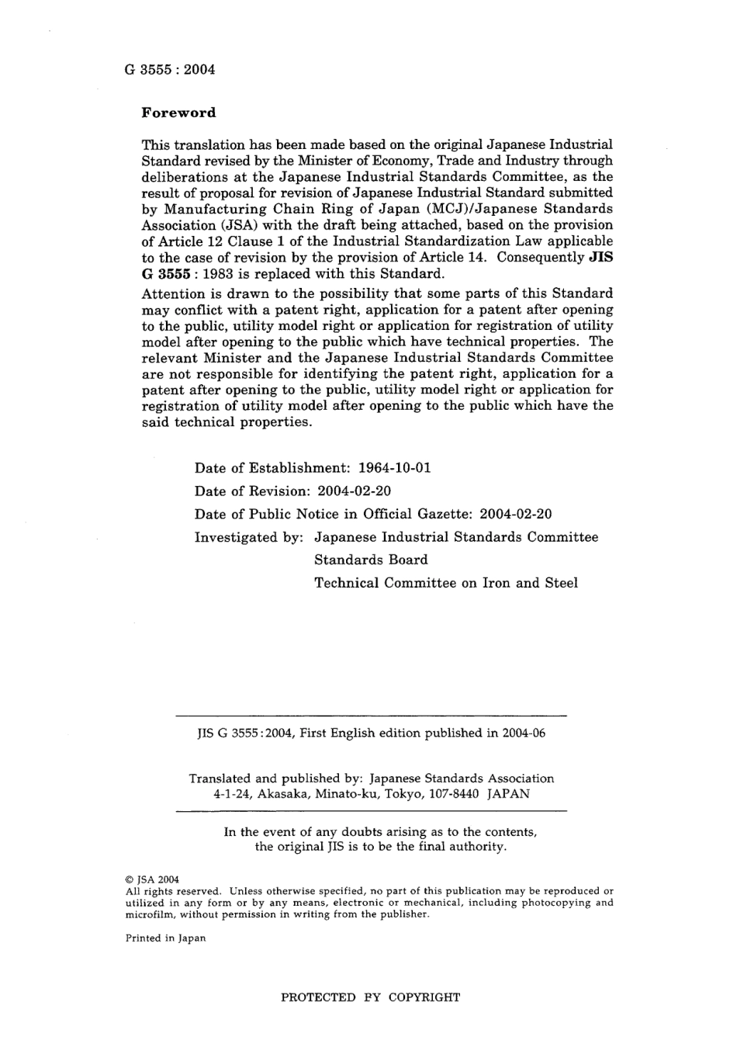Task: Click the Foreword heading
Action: click(x=179, y=113)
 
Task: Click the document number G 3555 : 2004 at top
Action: click(x=169, y=69)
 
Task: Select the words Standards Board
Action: click(x=371, y=560)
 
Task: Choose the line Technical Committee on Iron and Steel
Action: click(x=446, y=583)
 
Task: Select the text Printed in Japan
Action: click(x=166, y=938)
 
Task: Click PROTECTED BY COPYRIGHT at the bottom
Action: click(x=370, y=997)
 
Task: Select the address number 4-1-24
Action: click(x=231, y=794)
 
